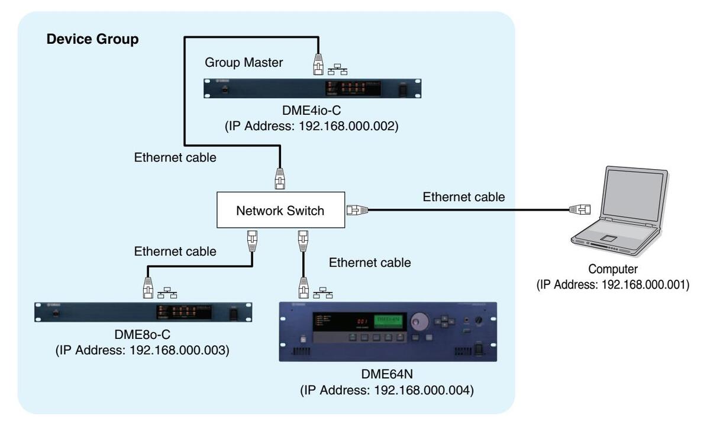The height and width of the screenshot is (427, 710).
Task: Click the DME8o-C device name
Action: pos(142,335)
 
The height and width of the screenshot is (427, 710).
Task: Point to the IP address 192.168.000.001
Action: pos(613,284)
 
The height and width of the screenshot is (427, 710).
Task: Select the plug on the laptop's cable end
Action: pos(579,209)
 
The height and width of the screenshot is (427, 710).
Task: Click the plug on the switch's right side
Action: pos(357,209)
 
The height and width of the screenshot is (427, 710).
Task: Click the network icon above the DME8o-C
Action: pos(168,290)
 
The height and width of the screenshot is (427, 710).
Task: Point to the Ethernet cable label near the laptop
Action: pos(464,197)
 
